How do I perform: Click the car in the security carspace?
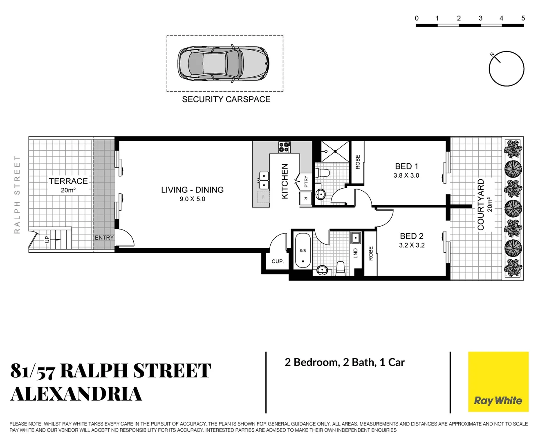223,63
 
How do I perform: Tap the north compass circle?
507,69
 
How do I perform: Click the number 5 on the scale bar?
523,18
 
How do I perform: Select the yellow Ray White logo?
498,382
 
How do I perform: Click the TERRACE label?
68,181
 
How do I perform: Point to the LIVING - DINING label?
192,190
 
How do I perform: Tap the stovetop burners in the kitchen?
284,147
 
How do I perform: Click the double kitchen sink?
264,180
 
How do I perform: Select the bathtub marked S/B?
303,251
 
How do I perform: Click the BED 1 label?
406,166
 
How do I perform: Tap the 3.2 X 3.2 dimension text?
412,245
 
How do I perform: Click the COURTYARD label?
481,204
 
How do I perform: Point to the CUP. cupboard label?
278,261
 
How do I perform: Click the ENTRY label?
104,238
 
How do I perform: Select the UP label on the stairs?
47,239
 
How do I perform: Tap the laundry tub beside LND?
355,238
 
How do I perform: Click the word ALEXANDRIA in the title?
76,394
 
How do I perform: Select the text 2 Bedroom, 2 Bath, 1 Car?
345,363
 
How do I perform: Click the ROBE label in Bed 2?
371,253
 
